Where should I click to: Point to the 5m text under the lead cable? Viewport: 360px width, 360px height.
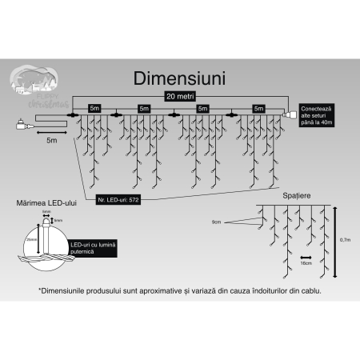pyautogui.click(x=52, y=140)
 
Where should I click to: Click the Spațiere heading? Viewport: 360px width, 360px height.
pyautogui.click(x=295, y=195)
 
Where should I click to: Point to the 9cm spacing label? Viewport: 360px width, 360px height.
pyautogui.click(x=216, y=221)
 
